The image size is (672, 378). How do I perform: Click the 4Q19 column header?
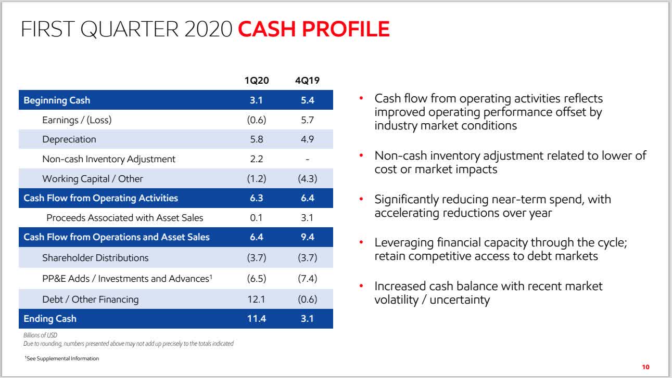point(307,81)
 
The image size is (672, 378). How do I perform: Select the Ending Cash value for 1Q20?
point(256,319)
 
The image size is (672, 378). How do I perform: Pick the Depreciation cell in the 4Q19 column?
point(307,139)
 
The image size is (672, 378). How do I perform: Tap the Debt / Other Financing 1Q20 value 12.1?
point(256,299)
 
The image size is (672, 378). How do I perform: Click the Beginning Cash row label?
point(57,100)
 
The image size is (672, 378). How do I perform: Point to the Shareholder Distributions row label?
point(95,257)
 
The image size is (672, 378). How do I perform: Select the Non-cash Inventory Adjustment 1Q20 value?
point(256,159)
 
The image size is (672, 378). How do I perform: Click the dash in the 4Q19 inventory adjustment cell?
point(307,159)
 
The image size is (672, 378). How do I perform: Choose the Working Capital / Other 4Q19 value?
point(307,178)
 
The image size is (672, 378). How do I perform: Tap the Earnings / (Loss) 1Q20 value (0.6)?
point(256,120)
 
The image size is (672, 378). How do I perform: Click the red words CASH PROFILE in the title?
point(314,29)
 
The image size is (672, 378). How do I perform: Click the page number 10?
point(645,367)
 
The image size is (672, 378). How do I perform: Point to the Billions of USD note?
point(40,336)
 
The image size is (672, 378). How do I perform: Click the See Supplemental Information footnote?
point(61,358)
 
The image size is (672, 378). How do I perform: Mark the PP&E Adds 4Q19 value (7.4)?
point(307,278)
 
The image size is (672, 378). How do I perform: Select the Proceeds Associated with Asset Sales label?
point(124,218)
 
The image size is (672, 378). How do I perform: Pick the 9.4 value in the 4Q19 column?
point(307,237)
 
